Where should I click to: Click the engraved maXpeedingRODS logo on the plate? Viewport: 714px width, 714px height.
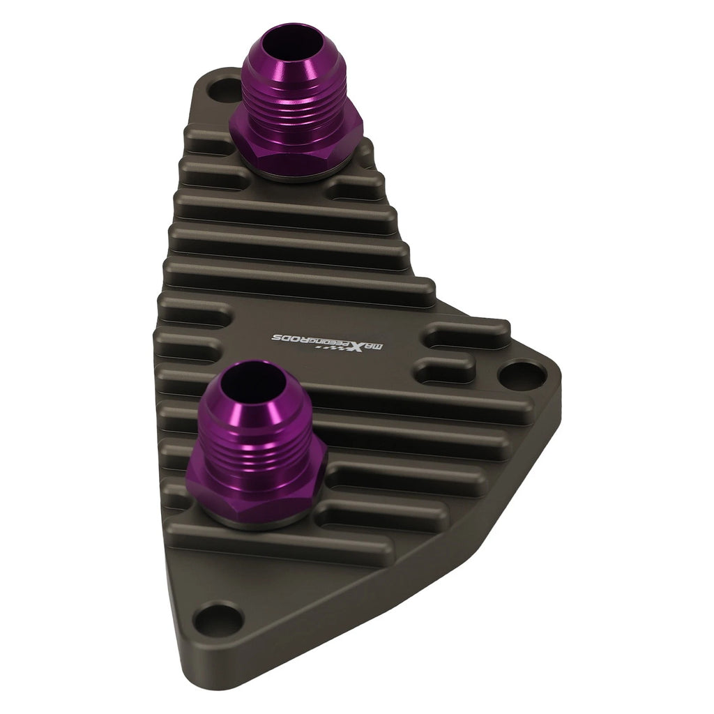(328, 343)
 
